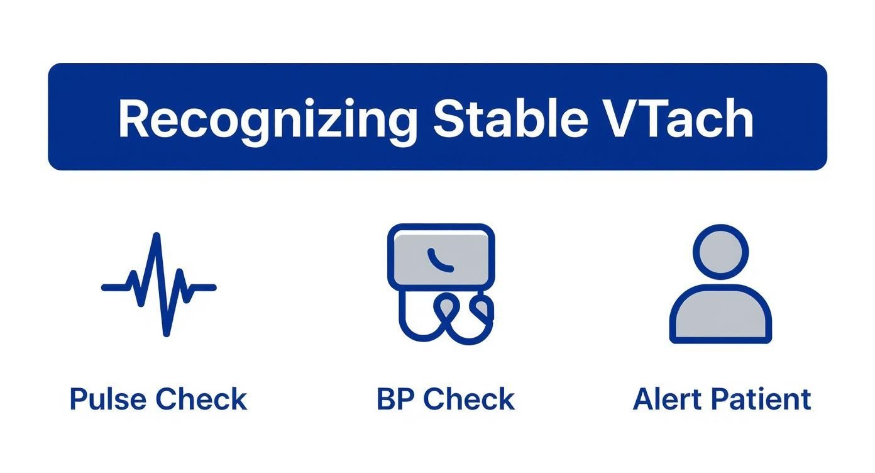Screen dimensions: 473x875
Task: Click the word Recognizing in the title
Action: pos(268,120)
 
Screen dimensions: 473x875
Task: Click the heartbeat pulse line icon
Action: pos(159,286)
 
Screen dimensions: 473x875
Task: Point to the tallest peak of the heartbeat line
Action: pos(157,238)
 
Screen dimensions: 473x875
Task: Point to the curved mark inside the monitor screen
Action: pos(439,260)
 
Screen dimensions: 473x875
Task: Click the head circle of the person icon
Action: pos(720,251)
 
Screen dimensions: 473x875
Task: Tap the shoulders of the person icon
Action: pos(720,314)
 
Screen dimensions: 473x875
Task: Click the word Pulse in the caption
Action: pos(109,399)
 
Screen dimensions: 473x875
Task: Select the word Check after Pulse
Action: pos(201,399)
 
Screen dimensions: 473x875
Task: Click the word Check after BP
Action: pos(468,399)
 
